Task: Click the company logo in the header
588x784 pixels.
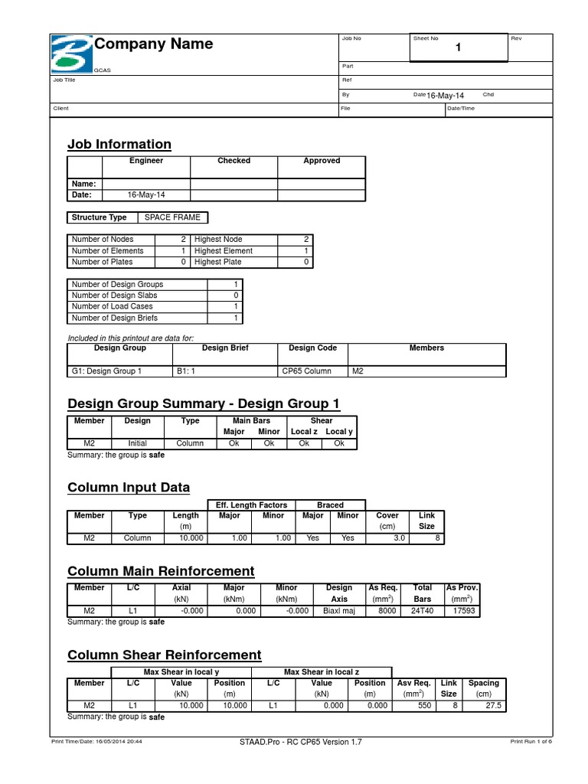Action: coord(71,54)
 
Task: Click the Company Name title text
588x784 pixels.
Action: coord(153,44)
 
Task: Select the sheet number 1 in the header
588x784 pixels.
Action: coord(459,48)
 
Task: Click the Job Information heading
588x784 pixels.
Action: coord(119,144)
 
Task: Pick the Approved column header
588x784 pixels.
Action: coord(322,161)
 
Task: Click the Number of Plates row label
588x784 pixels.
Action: coord(102,262)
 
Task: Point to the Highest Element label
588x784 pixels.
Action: coord(223,251)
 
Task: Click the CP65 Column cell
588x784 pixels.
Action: coord(306,371)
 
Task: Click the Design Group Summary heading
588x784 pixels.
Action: coord(204,403)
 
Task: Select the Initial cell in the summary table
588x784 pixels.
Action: coord(138,443)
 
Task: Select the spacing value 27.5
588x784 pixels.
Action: coord(493,706)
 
